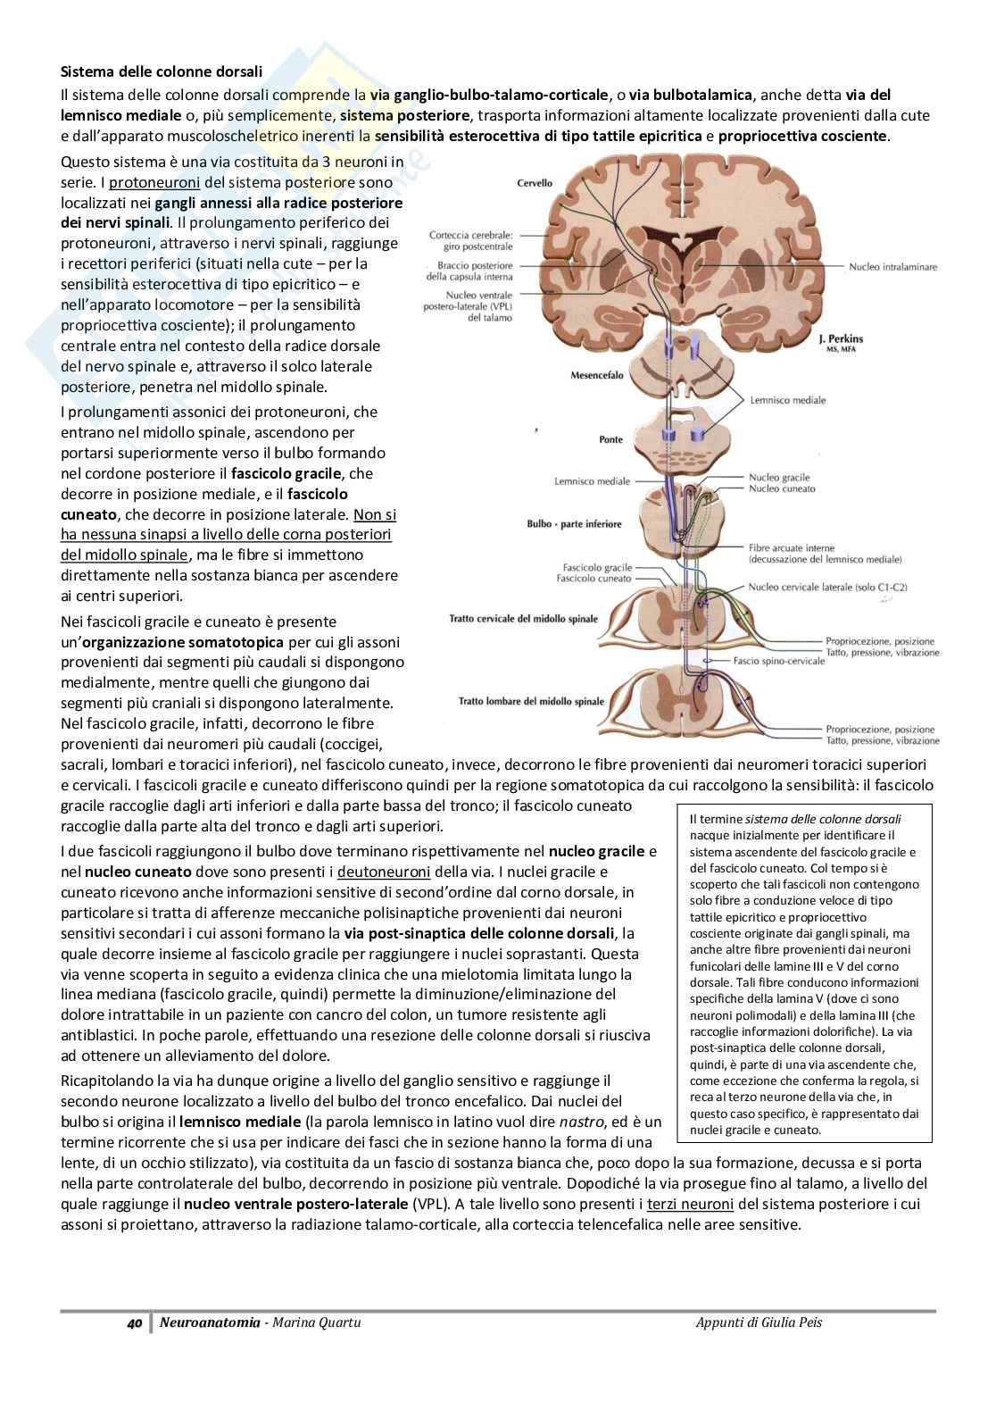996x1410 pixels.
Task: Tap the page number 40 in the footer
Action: [135, 1322]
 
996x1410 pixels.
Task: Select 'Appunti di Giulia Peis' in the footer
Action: [759, 1322]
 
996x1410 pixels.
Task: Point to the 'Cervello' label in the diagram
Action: [535, 183]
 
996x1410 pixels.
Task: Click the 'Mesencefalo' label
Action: [597, 376]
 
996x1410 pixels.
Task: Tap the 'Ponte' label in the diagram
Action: [610, 439]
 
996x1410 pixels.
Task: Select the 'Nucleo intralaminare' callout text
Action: [892, 266]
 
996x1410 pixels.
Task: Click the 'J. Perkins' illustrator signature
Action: [841, 338]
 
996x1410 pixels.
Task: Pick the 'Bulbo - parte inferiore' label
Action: [574, 524]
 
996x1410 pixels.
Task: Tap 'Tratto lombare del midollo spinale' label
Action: [531, 701]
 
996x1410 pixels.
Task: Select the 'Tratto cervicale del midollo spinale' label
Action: [524, 618]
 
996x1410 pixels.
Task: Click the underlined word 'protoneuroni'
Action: [154, 183]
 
